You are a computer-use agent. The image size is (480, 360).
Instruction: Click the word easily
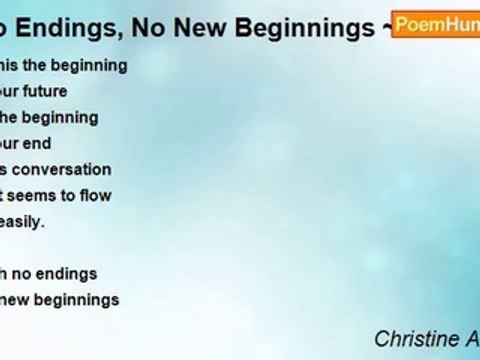23,221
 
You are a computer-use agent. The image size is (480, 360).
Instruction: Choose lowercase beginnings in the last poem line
80,298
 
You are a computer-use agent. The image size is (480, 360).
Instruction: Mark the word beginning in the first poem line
87,65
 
